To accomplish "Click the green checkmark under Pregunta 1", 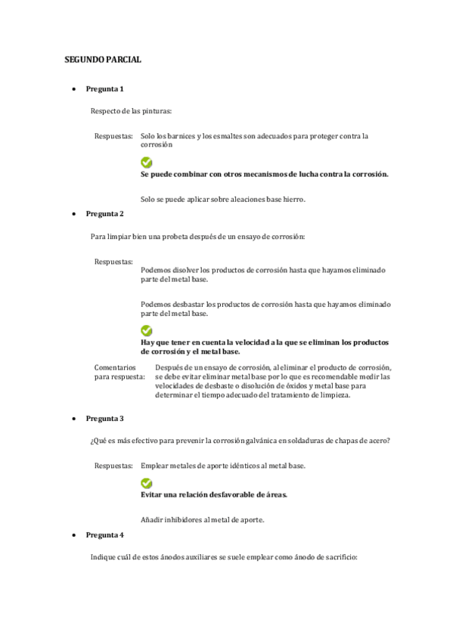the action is [146, 163].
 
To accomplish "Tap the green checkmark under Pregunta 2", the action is [146, 330].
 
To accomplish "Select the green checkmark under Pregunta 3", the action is [146, 483].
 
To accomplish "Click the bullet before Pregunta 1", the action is [72, 89].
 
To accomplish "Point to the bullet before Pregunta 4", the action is [72, 535].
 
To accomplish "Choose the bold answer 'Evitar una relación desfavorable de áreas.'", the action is [214, 494].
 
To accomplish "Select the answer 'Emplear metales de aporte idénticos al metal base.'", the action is [223, 466].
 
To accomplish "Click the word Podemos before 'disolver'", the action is [156, 270].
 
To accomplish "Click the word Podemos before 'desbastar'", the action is [156, 304].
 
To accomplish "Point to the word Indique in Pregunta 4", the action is [103, 558].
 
